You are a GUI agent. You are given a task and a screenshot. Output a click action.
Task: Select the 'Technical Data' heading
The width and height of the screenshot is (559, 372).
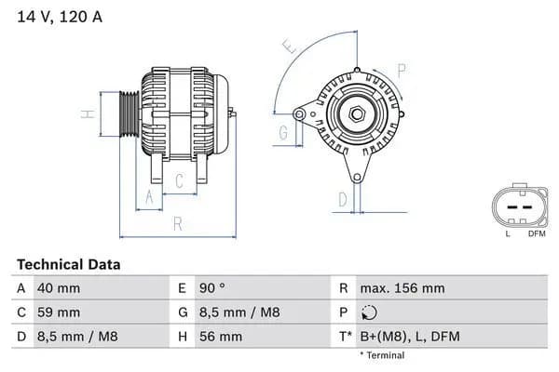(x=69, y=265)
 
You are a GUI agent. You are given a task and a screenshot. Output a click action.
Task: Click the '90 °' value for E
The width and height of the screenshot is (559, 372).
(x=211, y=288)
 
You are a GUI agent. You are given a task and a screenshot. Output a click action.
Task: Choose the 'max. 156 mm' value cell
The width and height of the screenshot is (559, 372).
(x=402, y=288)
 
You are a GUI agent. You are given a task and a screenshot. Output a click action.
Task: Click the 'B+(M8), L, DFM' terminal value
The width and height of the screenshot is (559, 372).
(x=409, y=337)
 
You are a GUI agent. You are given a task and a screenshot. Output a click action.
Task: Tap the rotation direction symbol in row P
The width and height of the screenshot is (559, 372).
(x=370, y=313)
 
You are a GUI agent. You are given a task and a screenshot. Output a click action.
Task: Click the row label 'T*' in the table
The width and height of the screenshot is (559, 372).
(x=345, y=337)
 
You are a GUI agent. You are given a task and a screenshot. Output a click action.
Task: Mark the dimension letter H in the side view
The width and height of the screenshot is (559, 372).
(x=86, y=114)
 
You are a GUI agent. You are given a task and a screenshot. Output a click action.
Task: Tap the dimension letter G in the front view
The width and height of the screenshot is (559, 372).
(x=282, y=133)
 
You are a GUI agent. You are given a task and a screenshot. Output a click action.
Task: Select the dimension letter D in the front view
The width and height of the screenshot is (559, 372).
(x=342, y=198)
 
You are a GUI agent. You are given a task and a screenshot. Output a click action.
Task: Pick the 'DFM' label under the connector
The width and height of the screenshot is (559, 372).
(x=537, y=233)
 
